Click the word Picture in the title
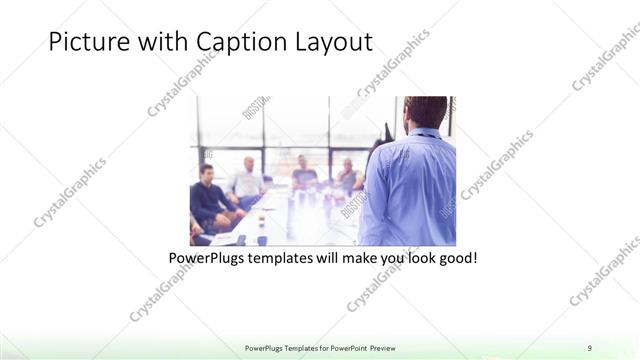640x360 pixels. (83, 43)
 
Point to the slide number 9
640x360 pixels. (590, 347)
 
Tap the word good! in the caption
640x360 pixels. (455, 258)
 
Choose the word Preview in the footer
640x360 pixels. (389, 347)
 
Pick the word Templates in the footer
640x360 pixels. (291, 347)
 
